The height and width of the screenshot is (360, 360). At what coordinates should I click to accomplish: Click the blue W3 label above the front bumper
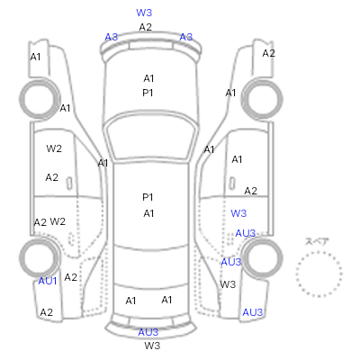[x=144, y=13]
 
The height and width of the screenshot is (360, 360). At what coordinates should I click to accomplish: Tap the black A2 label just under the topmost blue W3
[x=146, y=27]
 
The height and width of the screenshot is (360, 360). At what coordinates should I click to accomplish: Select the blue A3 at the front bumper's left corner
[x=112, y=37]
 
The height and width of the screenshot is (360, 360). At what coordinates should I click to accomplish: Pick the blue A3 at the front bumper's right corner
[x=186, y=37]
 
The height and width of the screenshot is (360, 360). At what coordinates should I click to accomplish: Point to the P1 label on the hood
[x=148, y=93]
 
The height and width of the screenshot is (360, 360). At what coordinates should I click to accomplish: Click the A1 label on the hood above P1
[x=148, y=78]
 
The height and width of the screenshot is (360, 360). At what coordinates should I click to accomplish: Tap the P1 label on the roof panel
[x=148, y=197]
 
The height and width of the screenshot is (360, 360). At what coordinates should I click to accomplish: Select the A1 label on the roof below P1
[x=148, y=213]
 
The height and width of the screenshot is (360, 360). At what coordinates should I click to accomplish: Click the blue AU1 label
[x=48, y=281]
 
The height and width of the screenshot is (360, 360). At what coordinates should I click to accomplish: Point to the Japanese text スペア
[x=317, y=242]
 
